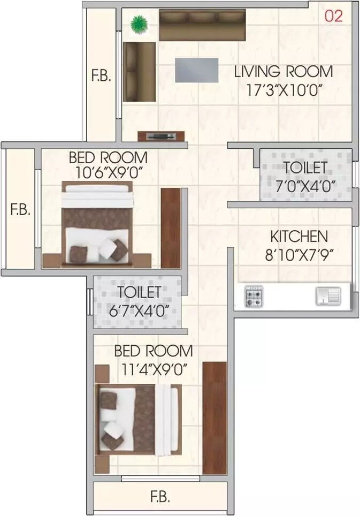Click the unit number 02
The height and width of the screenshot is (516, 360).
click(x=334, y=16)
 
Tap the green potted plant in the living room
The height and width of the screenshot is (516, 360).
click(x=139, y=24)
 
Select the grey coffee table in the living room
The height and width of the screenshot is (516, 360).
click(x=197, y=70)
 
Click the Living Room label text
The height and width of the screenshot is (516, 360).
click(x=284, y=71)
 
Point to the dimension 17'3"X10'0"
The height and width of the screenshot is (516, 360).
click(x=284, y=89)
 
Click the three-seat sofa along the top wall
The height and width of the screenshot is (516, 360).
click(x=203, y=25)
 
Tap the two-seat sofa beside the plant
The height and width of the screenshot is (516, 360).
click(x=139, y=71)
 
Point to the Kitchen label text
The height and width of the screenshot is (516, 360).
click(x=298, y=236)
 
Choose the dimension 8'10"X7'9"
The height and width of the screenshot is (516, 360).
click(x=300, y=254)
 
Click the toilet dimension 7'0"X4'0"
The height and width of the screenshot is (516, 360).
click(x=305, y=186)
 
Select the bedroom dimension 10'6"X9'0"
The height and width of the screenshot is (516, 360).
click(x=108, y=174)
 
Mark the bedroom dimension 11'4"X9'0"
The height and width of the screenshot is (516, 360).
click(x=153, y=369)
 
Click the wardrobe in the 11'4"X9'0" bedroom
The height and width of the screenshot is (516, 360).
click(x=215, y=418)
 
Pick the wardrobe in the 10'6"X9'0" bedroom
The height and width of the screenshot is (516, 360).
click(x=171, y=227)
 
